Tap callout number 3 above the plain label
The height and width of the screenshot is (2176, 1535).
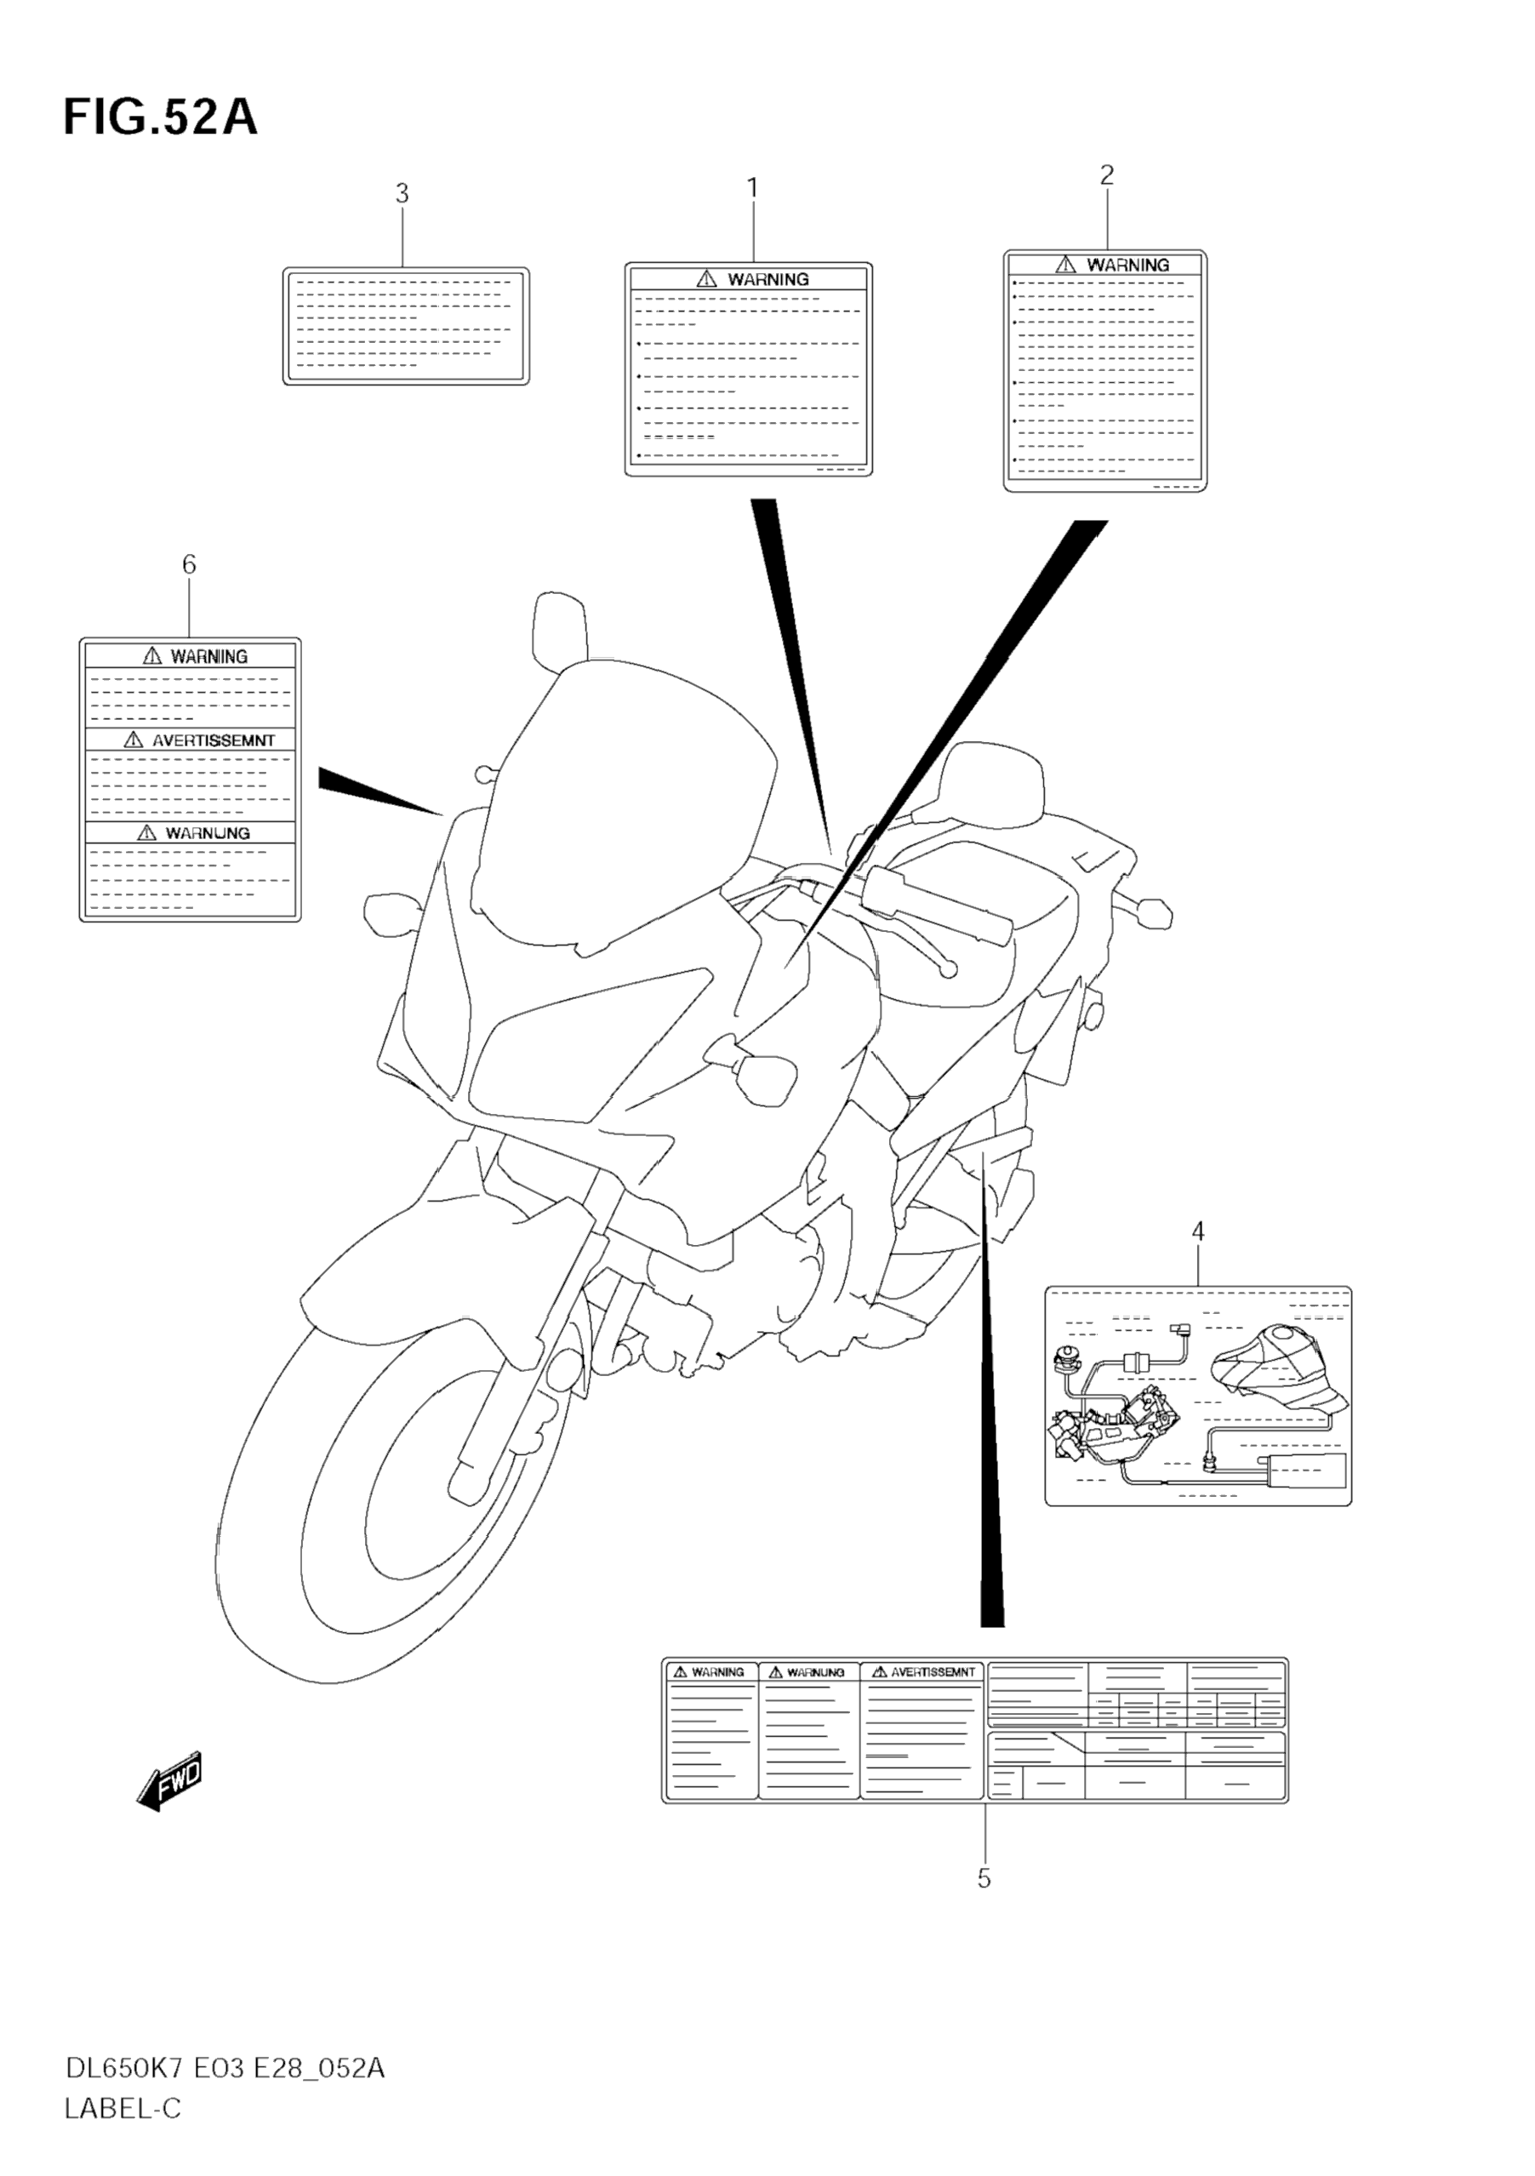tap(402, 194)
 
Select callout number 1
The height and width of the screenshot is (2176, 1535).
tap(753, 189)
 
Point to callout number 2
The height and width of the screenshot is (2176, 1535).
tap(1107, 175)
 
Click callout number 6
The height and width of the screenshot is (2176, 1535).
tap(190, 565)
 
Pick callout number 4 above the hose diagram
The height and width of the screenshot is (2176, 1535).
tap(1198, 1232)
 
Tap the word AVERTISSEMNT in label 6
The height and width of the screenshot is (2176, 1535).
tap(214, 740)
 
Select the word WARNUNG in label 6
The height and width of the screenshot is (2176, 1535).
tap(208, 833)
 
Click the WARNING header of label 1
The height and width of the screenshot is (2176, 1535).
tap(767, 280)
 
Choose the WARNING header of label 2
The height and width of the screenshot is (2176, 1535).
tap(1127, 266)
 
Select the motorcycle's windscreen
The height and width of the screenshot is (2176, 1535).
tap(625, 806)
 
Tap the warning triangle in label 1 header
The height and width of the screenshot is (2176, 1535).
tap(707, 278)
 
